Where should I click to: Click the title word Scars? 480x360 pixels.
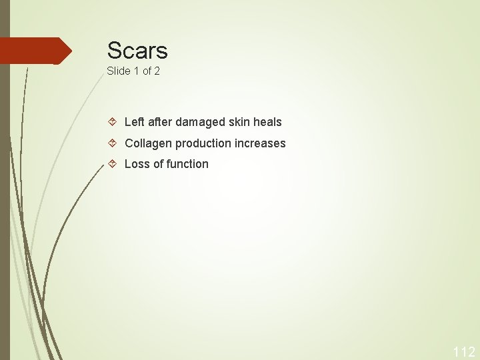tap(137, 51)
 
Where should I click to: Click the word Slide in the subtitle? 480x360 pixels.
tap(118, 71)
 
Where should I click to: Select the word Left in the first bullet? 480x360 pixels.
tap(134, 122)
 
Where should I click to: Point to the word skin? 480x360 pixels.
tap(239, 122)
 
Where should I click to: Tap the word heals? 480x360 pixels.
tap(267, 122)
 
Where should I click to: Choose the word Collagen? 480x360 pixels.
tap(148, 143)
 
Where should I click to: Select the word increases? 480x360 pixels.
tap(260, 143)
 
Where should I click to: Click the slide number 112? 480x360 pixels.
tap(464, 352)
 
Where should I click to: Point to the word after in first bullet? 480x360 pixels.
tap(160, 122)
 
